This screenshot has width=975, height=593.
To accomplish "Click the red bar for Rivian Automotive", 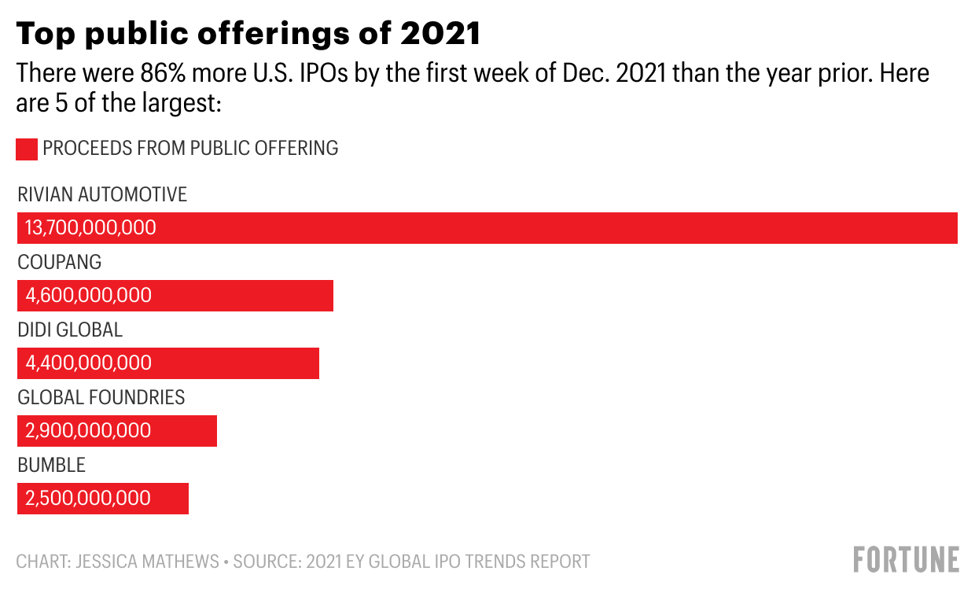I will coord(550,228).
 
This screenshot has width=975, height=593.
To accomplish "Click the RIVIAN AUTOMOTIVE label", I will coord(102,194).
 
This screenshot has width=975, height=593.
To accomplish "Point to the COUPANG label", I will coord(60,262).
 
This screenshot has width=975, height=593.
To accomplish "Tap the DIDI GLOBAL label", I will coord(70,330).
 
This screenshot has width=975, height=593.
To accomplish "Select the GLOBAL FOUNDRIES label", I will coord(101,397).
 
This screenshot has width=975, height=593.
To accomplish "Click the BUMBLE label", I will coord(51,465).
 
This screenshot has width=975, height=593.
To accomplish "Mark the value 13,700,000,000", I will coord(90,228).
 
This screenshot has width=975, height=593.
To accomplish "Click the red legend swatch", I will coord(27,149).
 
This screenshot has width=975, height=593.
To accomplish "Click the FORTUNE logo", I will coord(907,559).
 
